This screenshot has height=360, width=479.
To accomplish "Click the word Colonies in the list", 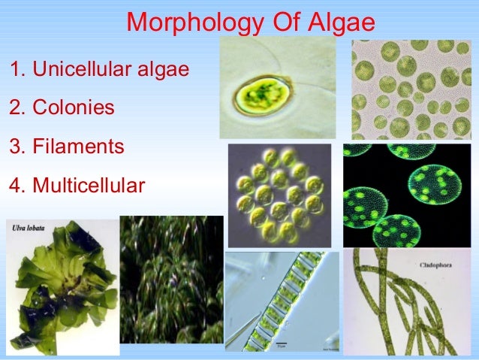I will [74, 108].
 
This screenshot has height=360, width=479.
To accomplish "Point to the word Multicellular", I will [89, 183].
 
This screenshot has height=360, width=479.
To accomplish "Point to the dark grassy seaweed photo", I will [171, 289].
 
